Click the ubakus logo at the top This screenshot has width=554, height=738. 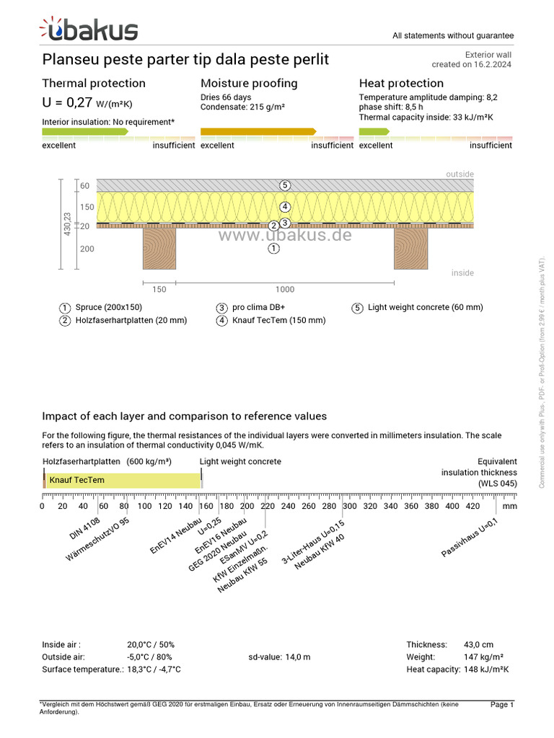(x=89, y=30)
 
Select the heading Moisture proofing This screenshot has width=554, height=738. (x=249, y=84)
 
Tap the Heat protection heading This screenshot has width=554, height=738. (x=401, y=84)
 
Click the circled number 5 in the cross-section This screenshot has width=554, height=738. (x=286, y=185)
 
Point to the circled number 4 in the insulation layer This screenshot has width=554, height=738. (x=286, y=206)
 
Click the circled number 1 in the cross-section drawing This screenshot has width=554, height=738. (x=273, y=249)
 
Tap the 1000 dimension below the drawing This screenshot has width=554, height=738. (x=285, y=290)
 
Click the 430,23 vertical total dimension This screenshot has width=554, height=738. (x=68, y=226)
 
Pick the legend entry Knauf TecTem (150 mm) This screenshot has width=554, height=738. (x=278, y=320)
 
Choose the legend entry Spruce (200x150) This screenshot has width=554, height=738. (x=108, y=308)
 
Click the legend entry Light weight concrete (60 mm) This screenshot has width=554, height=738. (x=425, y=308)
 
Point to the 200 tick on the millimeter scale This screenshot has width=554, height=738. (x=247, y=506)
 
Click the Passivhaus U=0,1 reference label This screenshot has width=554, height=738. (x=470, y=538)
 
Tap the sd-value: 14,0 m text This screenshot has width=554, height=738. (x=279, y=657)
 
